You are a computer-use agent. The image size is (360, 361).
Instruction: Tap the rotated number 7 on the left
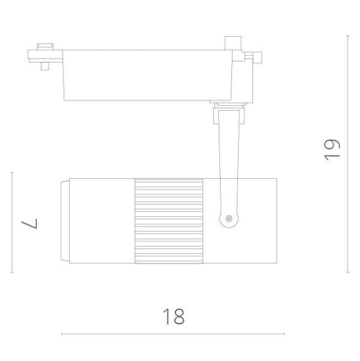click(x=30, y=222)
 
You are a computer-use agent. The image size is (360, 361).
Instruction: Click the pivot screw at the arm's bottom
click(x=230, y=218)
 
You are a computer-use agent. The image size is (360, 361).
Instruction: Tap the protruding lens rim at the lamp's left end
click(x=64, y=221)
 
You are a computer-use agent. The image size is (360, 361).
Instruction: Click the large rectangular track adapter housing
click(x=146, y=75)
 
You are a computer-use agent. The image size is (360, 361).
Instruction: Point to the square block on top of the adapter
click(x=233, y=44)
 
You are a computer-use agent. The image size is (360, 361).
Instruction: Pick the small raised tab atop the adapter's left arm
click(x=45, y=45)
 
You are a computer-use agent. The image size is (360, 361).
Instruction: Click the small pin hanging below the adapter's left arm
click(x=45, y=65)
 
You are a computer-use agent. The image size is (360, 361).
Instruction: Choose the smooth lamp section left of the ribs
click(x=101, y=222)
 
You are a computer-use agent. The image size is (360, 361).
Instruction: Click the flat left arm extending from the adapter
click(x=47, y=55)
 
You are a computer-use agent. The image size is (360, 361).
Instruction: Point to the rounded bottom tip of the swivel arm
click(x=230, y=225)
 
